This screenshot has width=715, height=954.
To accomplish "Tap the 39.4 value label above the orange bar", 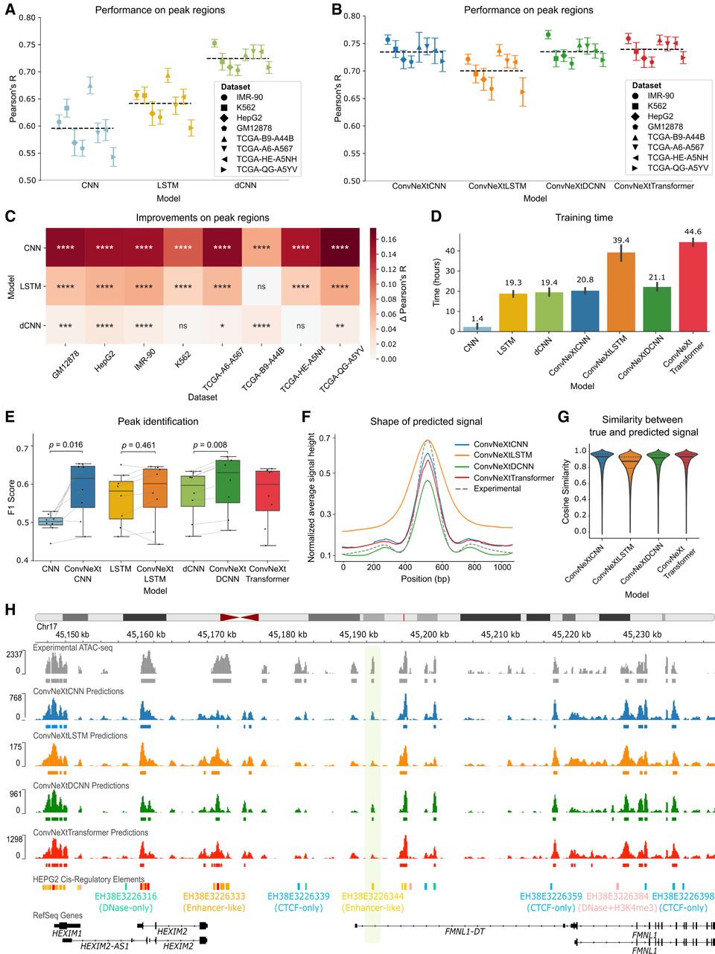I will pyautogui.click(x=622, y=240).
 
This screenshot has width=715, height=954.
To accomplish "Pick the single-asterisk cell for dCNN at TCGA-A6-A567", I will pyautogui.click(x=222, y=326).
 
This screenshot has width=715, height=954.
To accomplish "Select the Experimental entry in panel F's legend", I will pyautogui.click(x=498, y=489).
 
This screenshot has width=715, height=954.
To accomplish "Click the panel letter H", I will pyautogui.click(x=10, y=609).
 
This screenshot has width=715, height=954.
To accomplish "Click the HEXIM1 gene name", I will pyautogui.click(x=66, y=932).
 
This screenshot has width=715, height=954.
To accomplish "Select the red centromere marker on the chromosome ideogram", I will pyautogui.click(x=239, y=617).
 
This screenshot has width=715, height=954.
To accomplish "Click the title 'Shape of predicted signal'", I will pyautogui.click(x=426, y=422).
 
